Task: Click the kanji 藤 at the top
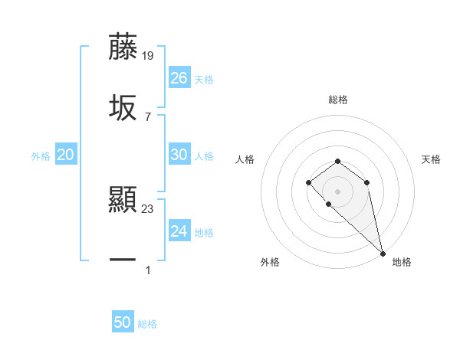[123, 47]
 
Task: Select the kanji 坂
[123, 107]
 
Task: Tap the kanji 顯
[123, 201]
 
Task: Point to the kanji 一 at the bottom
[123, 260]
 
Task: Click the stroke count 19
[148, 55]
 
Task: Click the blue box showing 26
[179, 77]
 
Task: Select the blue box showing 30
[179, 155]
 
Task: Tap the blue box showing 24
[179, 231]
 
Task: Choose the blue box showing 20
[66, 155]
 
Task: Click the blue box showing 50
[123, 322]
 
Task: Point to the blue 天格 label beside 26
[203, 79]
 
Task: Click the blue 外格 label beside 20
[41, 156]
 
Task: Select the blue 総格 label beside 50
[147, 324]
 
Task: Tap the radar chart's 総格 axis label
[337, 100]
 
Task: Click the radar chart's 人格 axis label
[245, 159]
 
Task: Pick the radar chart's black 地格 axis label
[402, 262]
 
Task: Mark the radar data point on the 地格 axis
[383, 253]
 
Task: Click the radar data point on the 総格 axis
[337, 161]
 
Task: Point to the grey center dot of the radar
[337, 191]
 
